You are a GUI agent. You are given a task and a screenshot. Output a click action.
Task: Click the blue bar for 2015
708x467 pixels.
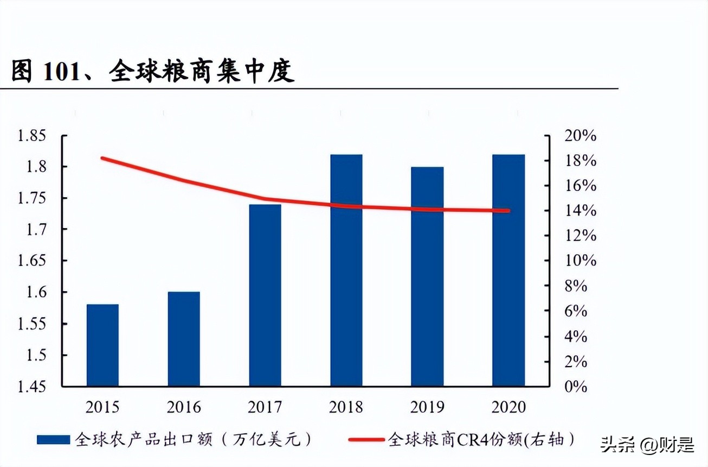[102, 345]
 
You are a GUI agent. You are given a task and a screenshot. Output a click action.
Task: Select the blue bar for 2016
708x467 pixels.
[184, 339]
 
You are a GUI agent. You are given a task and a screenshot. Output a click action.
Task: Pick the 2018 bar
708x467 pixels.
[346, 270]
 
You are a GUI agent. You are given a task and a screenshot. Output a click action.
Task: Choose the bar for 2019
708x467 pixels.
[427, 276]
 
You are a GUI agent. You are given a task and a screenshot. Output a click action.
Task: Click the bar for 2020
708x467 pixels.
[509, 270]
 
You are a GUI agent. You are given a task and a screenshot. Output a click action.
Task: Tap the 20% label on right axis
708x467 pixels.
[580, 136]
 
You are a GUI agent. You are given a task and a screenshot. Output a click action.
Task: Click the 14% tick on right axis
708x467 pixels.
[580, 211]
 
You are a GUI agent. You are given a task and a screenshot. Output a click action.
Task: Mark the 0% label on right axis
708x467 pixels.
[576, 387]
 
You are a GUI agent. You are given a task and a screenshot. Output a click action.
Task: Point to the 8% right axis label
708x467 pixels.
[576, 286]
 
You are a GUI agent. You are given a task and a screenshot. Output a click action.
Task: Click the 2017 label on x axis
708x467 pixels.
[265, 407]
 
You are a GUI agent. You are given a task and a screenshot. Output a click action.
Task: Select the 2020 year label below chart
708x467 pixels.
[509, 407]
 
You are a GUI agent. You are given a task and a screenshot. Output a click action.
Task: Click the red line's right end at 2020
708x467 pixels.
[509, 211]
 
